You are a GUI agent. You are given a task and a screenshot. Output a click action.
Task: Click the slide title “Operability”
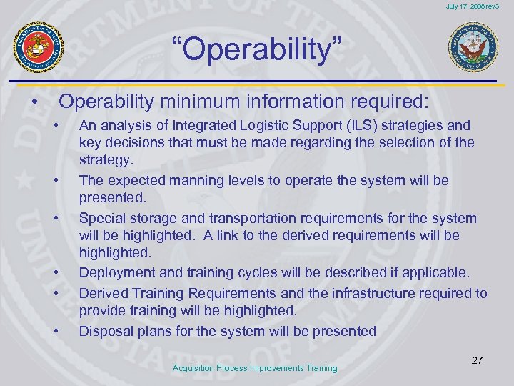click(x=257, y=51)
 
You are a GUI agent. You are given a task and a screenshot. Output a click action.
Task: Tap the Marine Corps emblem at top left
click(x=39, y=47)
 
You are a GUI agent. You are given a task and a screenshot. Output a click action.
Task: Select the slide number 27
click(x=477, y=360)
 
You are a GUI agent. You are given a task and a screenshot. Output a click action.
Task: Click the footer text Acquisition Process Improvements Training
click(x=256, y=367)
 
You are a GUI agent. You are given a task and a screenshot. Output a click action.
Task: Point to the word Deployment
click(x=114, y=272)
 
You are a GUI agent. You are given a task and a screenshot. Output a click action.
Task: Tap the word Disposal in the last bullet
click(x=103, y=330)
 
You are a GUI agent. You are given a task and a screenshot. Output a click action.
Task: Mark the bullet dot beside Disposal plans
click(x=55, y=332)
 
